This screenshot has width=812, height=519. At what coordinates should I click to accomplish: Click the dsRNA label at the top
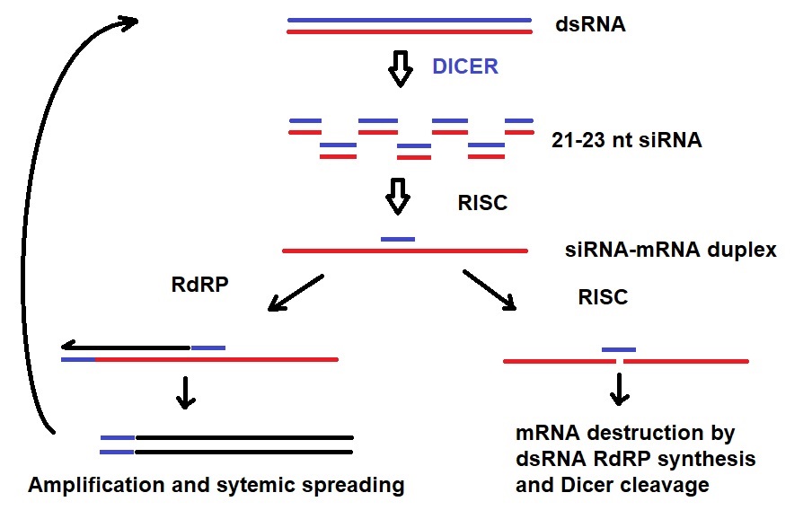(590, 25)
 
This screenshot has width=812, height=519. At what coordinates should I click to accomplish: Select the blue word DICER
(464, 66)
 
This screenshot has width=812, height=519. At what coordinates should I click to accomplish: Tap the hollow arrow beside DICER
(401, 69)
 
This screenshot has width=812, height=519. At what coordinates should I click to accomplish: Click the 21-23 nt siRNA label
(627, 140)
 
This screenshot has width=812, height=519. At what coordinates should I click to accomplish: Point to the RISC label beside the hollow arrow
(482, 203)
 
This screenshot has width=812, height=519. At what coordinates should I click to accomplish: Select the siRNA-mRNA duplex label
(670, 251)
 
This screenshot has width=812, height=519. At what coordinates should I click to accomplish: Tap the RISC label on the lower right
(603, 297)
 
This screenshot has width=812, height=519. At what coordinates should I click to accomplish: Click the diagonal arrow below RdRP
(296, 293)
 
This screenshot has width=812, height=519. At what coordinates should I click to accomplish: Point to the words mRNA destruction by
(625, 434)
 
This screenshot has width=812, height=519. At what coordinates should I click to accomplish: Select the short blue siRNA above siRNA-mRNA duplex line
(398, 239)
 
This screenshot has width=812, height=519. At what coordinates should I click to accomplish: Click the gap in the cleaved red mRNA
(620, 361)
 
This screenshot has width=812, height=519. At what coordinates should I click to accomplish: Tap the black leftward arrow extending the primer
(126, 347)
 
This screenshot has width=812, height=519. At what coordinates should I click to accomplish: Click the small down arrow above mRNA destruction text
(619, 387)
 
